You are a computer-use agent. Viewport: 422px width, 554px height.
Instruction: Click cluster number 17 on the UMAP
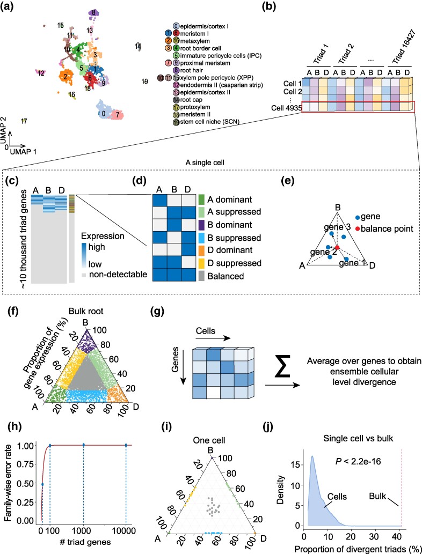coord(24,121)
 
